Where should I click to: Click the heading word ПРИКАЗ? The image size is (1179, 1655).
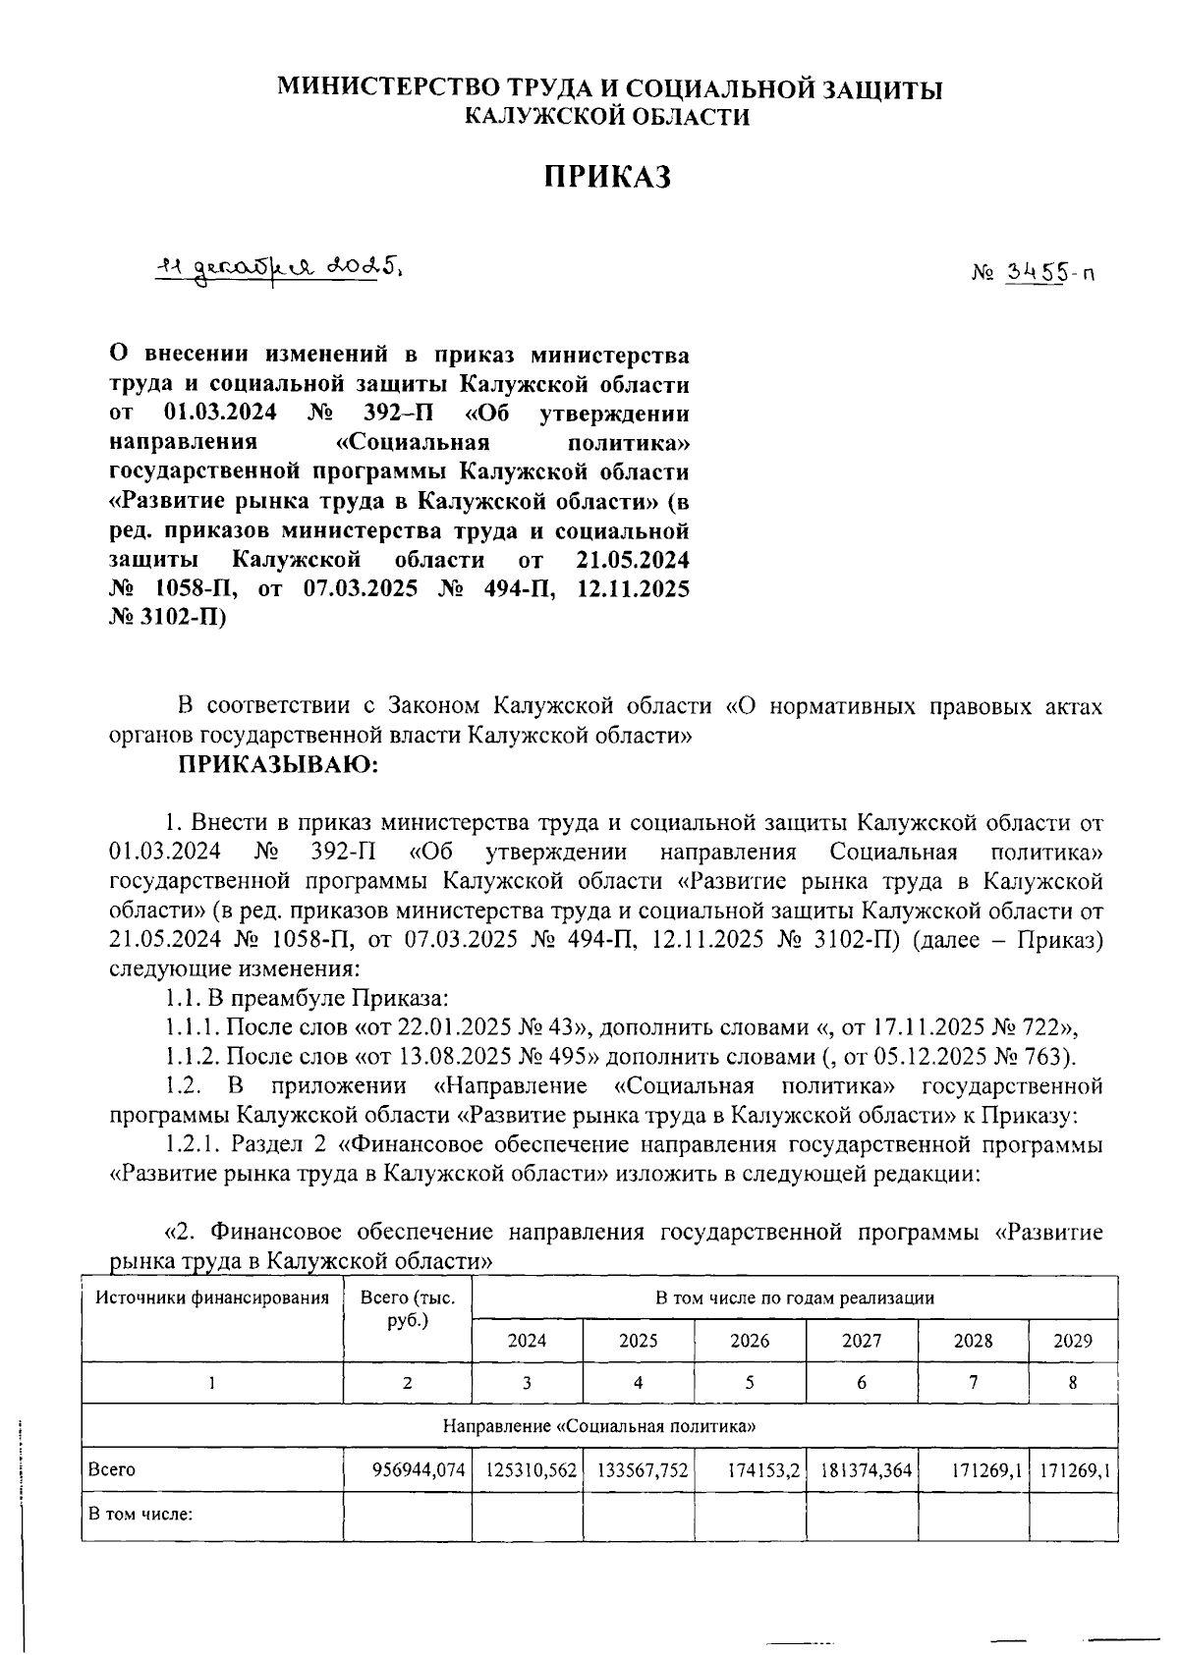pyautogui.click(x=607, y=177)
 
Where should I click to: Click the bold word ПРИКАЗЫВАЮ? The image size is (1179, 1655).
pyautogui.click(x=278, y=764)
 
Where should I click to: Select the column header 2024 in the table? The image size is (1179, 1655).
pyautogui.click(x=527, y=1341)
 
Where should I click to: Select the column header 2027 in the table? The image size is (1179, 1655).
pyautogui.click(x=862, y=1341)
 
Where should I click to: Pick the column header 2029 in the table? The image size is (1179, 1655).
pyautogui.click(x=1072, y=1341)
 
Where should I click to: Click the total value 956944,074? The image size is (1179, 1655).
pyautogui.click(x=418, y=1470)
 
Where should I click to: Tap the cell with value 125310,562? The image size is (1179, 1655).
pyautogui.click(x=532, y=1470)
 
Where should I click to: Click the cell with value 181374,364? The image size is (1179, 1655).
pyautogui.click(x=866, y=1470)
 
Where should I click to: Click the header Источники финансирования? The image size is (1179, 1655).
pyautogui.click(x=212, y=1298)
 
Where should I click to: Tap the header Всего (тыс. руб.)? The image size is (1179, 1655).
pyautogui.click(x=408, y=1309)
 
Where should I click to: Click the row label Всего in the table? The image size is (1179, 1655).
pyautogui.click(x=112, y=1470)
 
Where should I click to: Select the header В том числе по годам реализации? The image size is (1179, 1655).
pyautogui.click(x=794, y=1298)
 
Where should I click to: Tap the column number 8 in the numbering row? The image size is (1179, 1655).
pyautogui.click(x=1072, y=1383)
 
